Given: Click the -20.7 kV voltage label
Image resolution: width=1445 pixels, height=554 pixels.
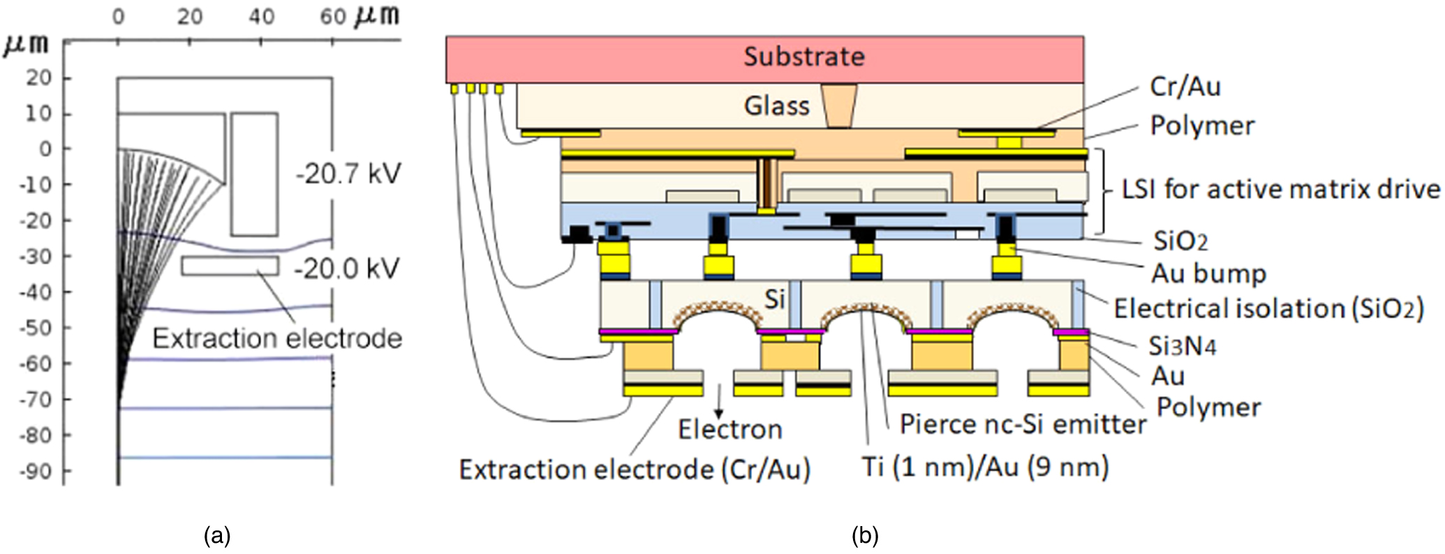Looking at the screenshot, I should click(348, 173).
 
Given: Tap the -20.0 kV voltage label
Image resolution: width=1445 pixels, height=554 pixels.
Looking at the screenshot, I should click(347, 268).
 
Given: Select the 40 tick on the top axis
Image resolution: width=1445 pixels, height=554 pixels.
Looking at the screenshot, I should click(261, 16).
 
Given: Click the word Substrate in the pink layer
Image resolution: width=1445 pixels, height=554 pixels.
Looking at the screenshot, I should click(803, 57).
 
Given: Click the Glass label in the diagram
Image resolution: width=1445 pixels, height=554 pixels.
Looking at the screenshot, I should click(776, 106).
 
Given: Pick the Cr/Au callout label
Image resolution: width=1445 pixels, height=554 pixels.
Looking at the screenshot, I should click(1185, 87).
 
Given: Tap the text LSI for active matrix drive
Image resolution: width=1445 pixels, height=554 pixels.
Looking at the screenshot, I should click(1280, 189).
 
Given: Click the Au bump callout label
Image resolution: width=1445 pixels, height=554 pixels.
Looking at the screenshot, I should click(1208, 273).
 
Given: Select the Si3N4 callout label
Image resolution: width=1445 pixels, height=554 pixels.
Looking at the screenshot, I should click(1183, 345).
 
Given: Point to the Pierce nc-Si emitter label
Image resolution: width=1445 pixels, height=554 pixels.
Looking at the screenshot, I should click(1022, 424).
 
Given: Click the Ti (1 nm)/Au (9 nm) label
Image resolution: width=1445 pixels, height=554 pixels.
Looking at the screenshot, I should click(985, 466).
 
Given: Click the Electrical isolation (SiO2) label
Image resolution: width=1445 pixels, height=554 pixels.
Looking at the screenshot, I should click(1268, 308).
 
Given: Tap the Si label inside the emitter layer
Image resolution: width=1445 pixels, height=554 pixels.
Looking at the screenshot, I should click(774, 299).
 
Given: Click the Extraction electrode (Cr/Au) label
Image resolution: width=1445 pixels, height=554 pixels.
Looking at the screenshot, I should click(634, 470).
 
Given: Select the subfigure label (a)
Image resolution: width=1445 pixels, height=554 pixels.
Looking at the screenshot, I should click(216, 536).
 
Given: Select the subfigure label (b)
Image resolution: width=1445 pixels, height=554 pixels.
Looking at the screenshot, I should click(865, 536).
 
